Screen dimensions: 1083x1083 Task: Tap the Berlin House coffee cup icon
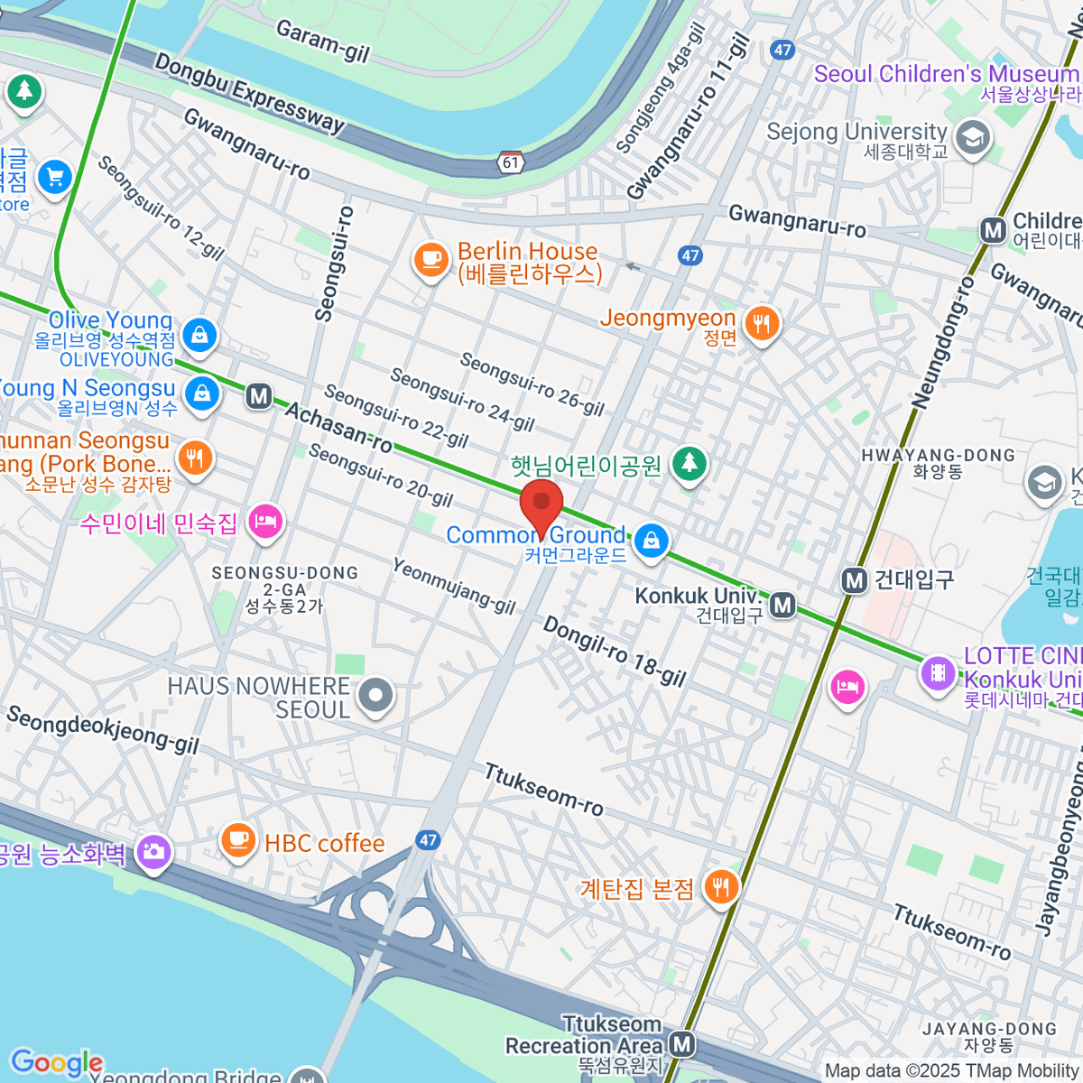click(431, 259)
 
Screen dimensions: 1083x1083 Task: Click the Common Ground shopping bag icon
click(650, 541)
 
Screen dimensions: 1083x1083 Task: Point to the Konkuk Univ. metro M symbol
click(783, 605)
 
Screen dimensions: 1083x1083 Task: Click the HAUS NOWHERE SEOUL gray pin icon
click(375, 695)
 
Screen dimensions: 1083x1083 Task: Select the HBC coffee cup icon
click(238, 840)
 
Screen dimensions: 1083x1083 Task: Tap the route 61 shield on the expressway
click(512, 162)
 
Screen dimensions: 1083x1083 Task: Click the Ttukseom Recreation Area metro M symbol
click(683, 1045)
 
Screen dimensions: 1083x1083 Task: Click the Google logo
click(56, 1062)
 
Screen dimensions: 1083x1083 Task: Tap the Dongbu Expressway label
click(249, 93)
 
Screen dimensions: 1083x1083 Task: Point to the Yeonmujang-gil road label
click(454, 586)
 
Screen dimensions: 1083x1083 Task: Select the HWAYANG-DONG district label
click(938, 455)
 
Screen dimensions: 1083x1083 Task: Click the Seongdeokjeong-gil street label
click(102, 729)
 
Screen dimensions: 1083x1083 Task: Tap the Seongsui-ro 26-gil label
click(532, 384)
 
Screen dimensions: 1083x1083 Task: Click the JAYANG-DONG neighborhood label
click(989, 1028)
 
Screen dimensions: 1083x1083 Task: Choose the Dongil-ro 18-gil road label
click(614, 651)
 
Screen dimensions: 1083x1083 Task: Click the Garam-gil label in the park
click(322, 42)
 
